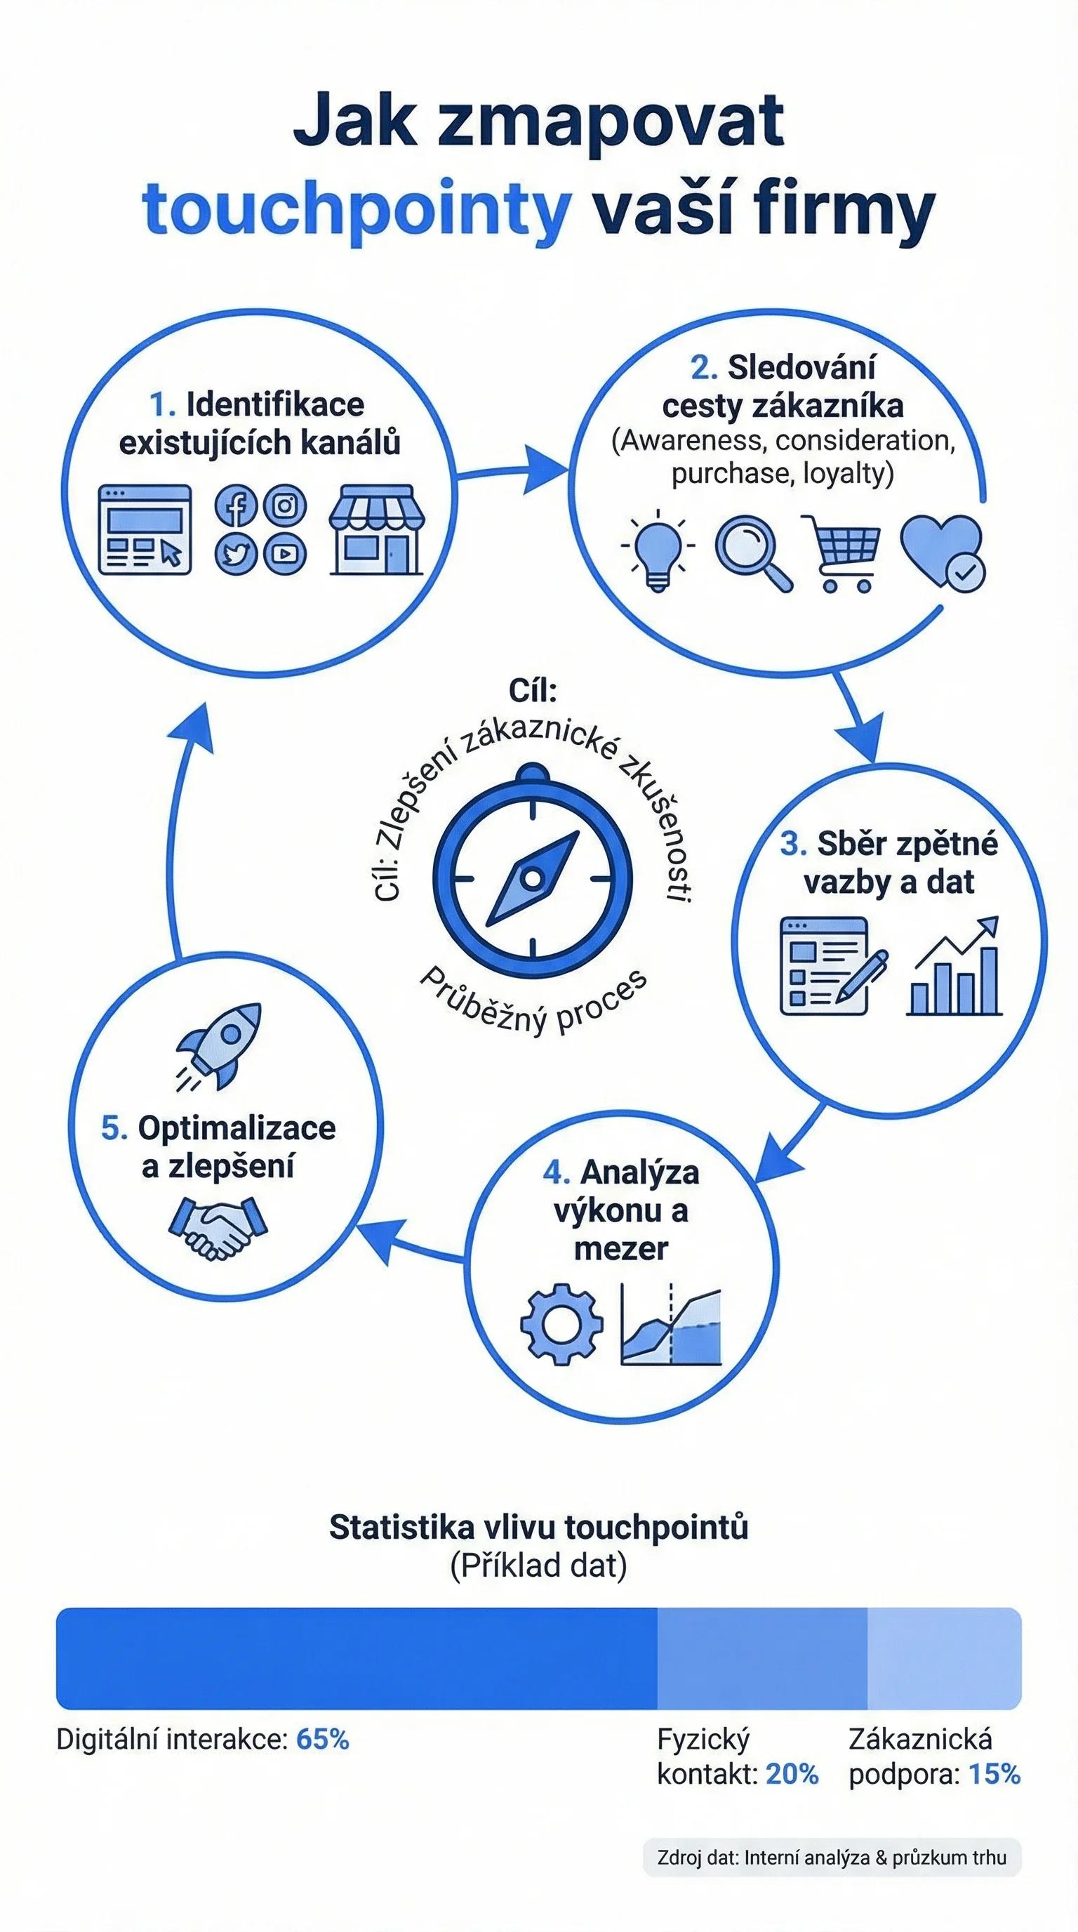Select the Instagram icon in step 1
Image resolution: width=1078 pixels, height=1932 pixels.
tap(285, 506)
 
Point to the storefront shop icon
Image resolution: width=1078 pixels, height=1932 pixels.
tap(377, 529)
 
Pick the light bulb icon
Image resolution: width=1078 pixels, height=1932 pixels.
tap(658, 550)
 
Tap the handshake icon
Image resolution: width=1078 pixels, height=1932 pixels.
tap(218, 1227)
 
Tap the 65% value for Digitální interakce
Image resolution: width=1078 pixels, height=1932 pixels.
tap(322, 1739)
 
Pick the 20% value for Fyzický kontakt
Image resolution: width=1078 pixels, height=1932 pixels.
tap(792, 1775)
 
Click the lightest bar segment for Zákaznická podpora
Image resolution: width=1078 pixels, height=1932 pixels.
tap(945, 1658)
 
